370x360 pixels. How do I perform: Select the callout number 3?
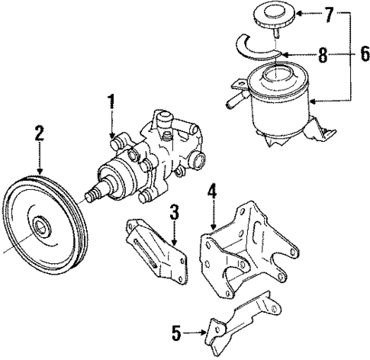[175, 212]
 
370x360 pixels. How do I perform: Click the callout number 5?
[176, 332]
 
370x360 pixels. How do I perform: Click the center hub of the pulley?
[39, 227]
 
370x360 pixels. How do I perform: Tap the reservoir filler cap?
[270, 18]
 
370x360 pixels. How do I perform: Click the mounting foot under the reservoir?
[320, 138]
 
